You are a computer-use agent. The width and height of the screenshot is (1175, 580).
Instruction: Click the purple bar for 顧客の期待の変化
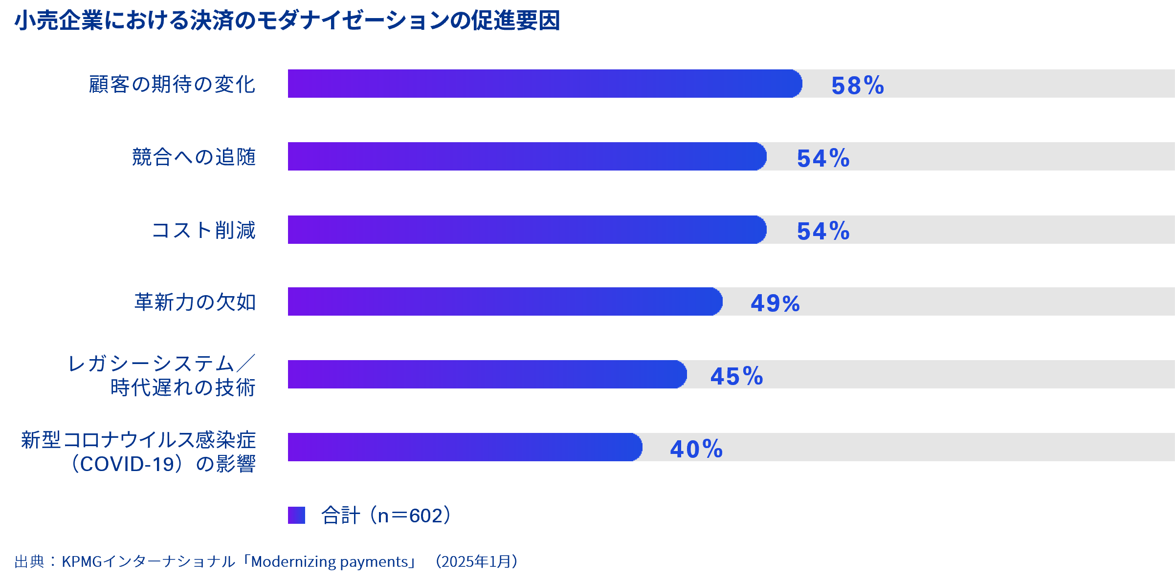point(544,84)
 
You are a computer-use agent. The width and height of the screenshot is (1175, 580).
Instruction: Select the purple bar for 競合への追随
point(527,156)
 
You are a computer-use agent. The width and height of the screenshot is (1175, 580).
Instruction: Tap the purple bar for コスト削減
point(527,230)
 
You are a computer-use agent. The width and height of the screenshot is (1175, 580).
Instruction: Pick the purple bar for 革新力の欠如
point(505,301)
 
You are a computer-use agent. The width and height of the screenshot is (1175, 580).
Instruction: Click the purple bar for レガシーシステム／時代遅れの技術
point(487,374)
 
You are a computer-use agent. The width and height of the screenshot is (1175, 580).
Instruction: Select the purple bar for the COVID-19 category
point(465,447)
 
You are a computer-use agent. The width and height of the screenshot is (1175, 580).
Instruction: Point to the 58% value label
point(858,86)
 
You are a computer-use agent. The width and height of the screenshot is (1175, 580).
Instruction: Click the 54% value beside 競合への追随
point(823,158)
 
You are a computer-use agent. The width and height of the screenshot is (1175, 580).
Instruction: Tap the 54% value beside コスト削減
point(823,231)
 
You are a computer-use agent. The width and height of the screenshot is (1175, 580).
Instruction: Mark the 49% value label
point(776,303)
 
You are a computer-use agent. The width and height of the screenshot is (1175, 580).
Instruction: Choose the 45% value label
point(737,376)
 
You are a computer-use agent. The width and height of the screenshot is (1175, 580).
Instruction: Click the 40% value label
point(696,449)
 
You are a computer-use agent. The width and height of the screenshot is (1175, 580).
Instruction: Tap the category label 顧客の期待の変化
point(172,84)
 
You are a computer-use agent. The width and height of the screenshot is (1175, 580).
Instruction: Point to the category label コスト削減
point(204,230)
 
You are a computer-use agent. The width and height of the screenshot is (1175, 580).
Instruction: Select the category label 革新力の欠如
point(195,302)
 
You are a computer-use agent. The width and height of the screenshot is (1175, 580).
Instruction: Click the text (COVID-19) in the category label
point(128,464)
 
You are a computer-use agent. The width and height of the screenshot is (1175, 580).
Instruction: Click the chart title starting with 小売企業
point(288,21)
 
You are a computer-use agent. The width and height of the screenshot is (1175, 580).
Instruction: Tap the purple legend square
point(296,515)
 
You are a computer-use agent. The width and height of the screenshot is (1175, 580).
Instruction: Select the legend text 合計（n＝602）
point(386,516)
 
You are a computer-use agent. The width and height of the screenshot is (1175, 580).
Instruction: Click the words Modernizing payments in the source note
point(330,562)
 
